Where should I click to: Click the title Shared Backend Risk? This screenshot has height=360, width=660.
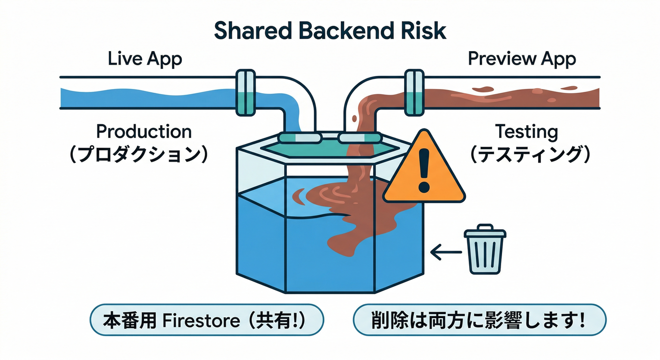(x=330, y=31)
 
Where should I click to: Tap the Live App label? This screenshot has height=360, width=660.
(x=145, y=59)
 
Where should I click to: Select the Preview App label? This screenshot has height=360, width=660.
(x=522, y=59)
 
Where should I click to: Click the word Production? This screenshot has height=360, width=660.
(x=144, y=132)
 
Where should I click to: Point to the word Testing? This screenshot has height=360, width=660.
(x=527, y=132)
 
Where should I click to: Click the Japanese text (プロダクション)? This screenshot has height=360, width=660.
(x=139, y=155)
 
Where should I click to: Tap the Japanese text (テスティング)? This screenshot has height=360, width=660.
(x=530, y=155)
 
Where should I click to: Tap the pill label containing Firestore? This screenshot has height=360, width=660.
(x=207, y=320)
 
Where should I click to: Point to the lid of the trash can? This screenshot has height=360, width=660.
(x=484, y=232)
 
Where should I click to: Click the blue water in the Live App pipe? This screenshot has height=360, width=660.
(x=141, y=97)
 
